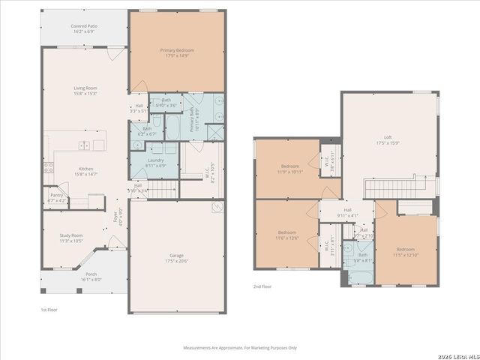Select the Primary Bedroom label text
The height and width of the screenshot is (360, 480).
coord(178,52)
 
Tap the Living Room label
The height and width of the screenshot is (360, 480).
coord(85,90)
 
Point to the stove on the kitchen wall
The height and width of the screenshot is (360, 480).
coord(48,167)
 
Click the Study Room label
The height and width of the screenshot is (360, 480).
coord(71,238)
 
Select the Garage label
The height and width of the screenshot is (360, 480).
coord(177,258)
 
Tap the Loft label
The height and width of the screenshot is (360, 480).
coord(388,139)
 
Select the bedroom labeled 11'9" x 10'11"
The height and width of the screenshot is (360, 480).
coord(290,168)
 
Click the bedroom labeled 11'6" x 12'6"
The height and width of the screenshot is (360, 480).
coord(287,235)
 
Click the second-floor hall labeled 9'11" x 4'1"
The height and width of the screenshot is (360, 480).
coord(347,213)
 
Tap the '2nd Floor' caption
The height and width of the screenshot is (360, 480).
coord(262,286)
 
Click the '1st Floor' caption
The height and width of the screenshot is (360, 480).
coord(49,309)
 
